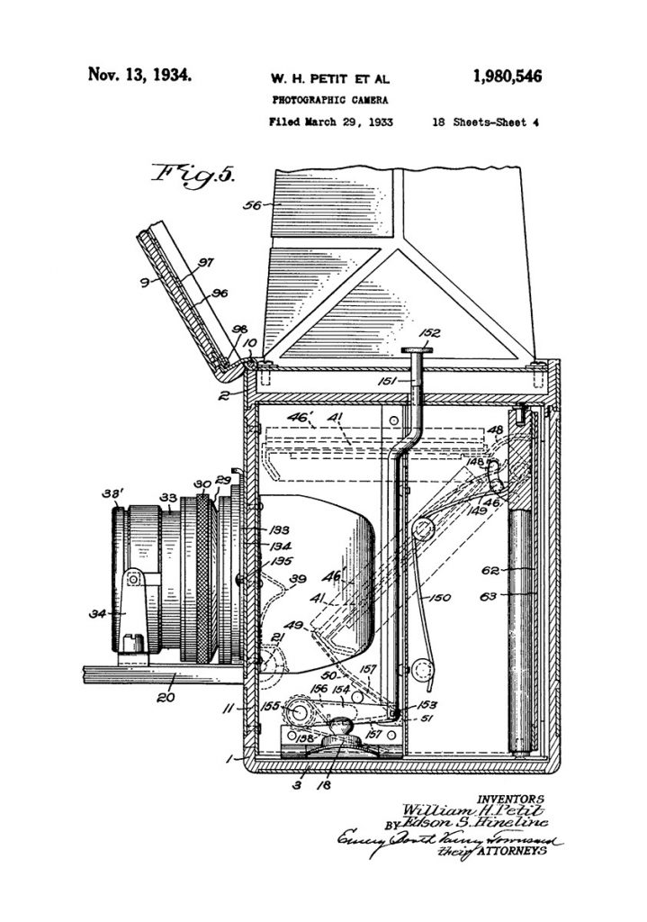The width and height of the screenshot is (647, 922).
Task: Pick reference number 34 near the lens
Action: tap(93, 614)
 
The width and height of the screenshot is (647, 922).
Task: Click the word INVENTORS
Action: tap(512, 798)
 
